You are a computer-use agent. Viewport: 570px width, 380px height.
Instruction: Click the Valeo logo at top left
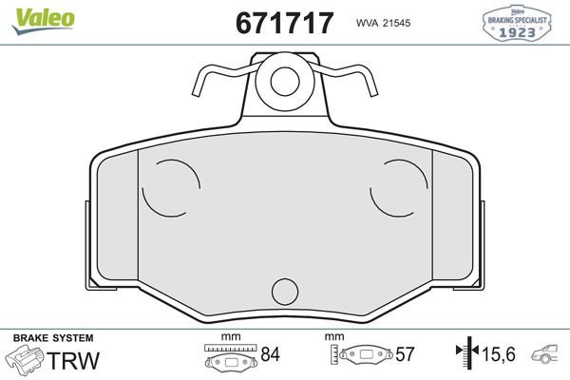pyautogui.click(x=44, y=21)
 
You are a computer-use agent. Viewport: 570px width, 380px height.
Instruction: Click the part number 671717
pyautogui.click(x=284, y=23)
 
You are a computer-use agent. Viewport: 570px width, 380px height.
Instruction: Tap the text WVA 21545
pyautogui.click(x=383, y=23)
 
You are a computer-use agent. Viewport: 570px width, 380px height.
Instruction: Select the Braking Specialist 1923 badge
pyautogui.click(x=517, y=23)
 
